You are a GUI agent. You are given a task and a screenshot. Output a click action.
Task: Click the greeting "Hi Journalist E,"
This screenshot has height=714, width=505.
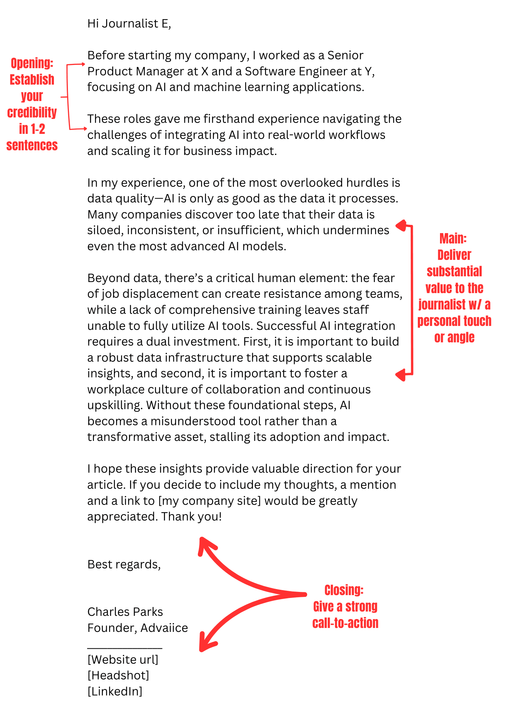(x=129, y=24)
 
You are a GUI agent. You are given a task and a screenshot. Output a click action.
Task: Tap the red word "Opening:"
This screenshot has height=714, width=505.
(x=32, y=64)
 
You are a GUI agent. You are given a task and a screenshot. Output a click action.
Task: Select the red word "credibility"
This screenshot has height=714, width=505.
(x=32, y=112)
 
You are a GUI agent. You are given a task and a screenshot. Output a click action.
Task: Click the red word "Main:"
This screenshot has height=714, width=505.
(x=453, y=238)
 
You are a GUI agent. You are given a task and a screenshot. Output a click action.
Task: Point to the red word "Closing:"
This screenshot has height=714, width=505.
(x=344, y=590)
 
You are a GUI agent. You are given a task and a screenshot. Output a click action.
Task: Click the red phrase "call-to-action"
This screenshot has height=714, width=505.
(x=345, y=623)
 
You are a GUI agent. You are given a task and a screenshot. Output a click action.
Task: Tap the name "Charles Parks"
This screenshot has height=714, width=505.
(x=125, y=612)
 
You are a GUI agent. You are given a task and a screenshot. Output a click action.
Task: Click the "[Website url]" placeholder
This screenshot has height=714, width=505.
(x=122, y=659)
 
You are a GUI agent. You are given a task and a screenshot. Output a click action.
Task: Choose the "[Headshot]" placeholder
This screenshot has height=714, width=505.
(x=118, y=675)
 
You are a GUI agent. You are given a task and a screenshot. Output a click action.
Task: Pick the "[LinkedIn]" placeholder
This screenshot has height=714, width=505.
(x=115, y=691)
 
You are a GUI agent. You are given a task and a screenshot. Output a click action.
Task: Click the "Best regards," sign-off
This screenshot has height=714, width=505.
(x=124, y=564)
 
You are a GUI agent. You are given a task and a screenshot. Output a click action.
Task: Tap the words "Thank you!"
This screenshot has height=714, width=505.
(x=191, y=516)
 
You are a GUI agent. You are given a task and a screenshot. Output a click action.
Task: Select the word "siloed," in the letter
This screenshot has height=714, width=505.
(x=105, y=230)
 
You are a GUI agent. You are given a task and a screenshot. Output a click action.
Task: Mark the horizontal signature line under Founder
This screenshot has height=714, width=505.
(x=125, y=647)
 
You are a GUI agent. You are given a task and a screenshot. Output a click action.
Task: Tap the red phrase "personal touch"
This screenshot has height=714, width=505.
(x=454, y=321)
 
